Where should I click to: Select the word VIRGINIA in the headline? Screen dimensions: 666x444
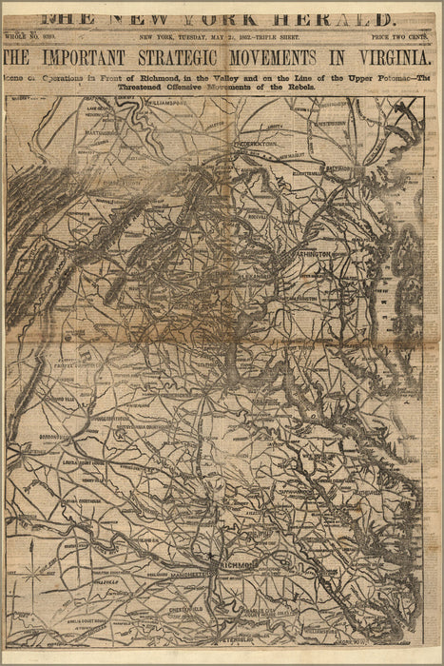[x=386, y=57]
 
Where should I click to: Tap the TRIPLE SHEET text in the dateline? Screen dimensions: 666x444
[x=272, y=36]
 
